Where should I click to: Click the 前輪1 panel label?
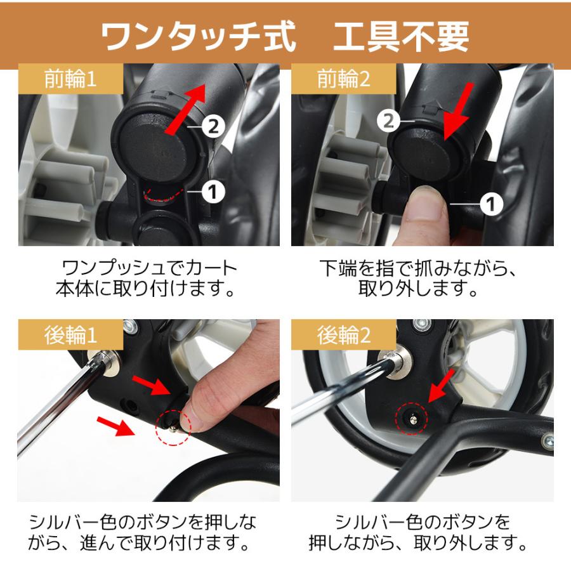tap(70, 79)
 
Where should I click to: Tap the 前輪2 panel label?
tap(343, 79)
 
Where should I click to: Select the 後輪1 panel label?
tap(70, 334)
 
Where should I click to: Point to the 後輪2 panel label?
tap(343, 334)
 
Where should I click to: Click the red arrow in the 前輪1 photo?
tap(186, 108)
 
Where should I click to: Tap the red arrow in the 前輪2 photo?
tap(459, 111)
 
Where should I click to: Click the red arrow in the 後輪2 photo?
tap(442, 386)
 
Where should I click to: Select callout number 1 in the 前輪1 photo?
tap(213, 192)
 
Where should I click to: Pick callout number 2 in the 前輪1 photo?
tap(213, 126)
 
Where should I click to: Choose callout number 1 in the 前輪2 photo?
tap(491, 204)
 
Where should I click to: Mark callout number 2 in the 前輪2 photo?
tap(388, 121)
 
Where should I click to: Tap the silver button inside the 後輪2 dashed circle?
tap(413, 420)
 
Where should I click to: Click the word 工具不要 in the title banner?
tap(401, 37)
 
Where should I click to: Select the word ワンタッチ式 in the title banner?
tap(199, 37)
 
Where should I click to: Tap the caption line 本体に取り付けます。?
tap(145, 289)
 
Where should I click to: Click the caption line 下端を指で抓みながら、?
tap(418, 268)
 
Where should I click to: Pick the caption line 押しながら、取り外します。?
tap(418, 542)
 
